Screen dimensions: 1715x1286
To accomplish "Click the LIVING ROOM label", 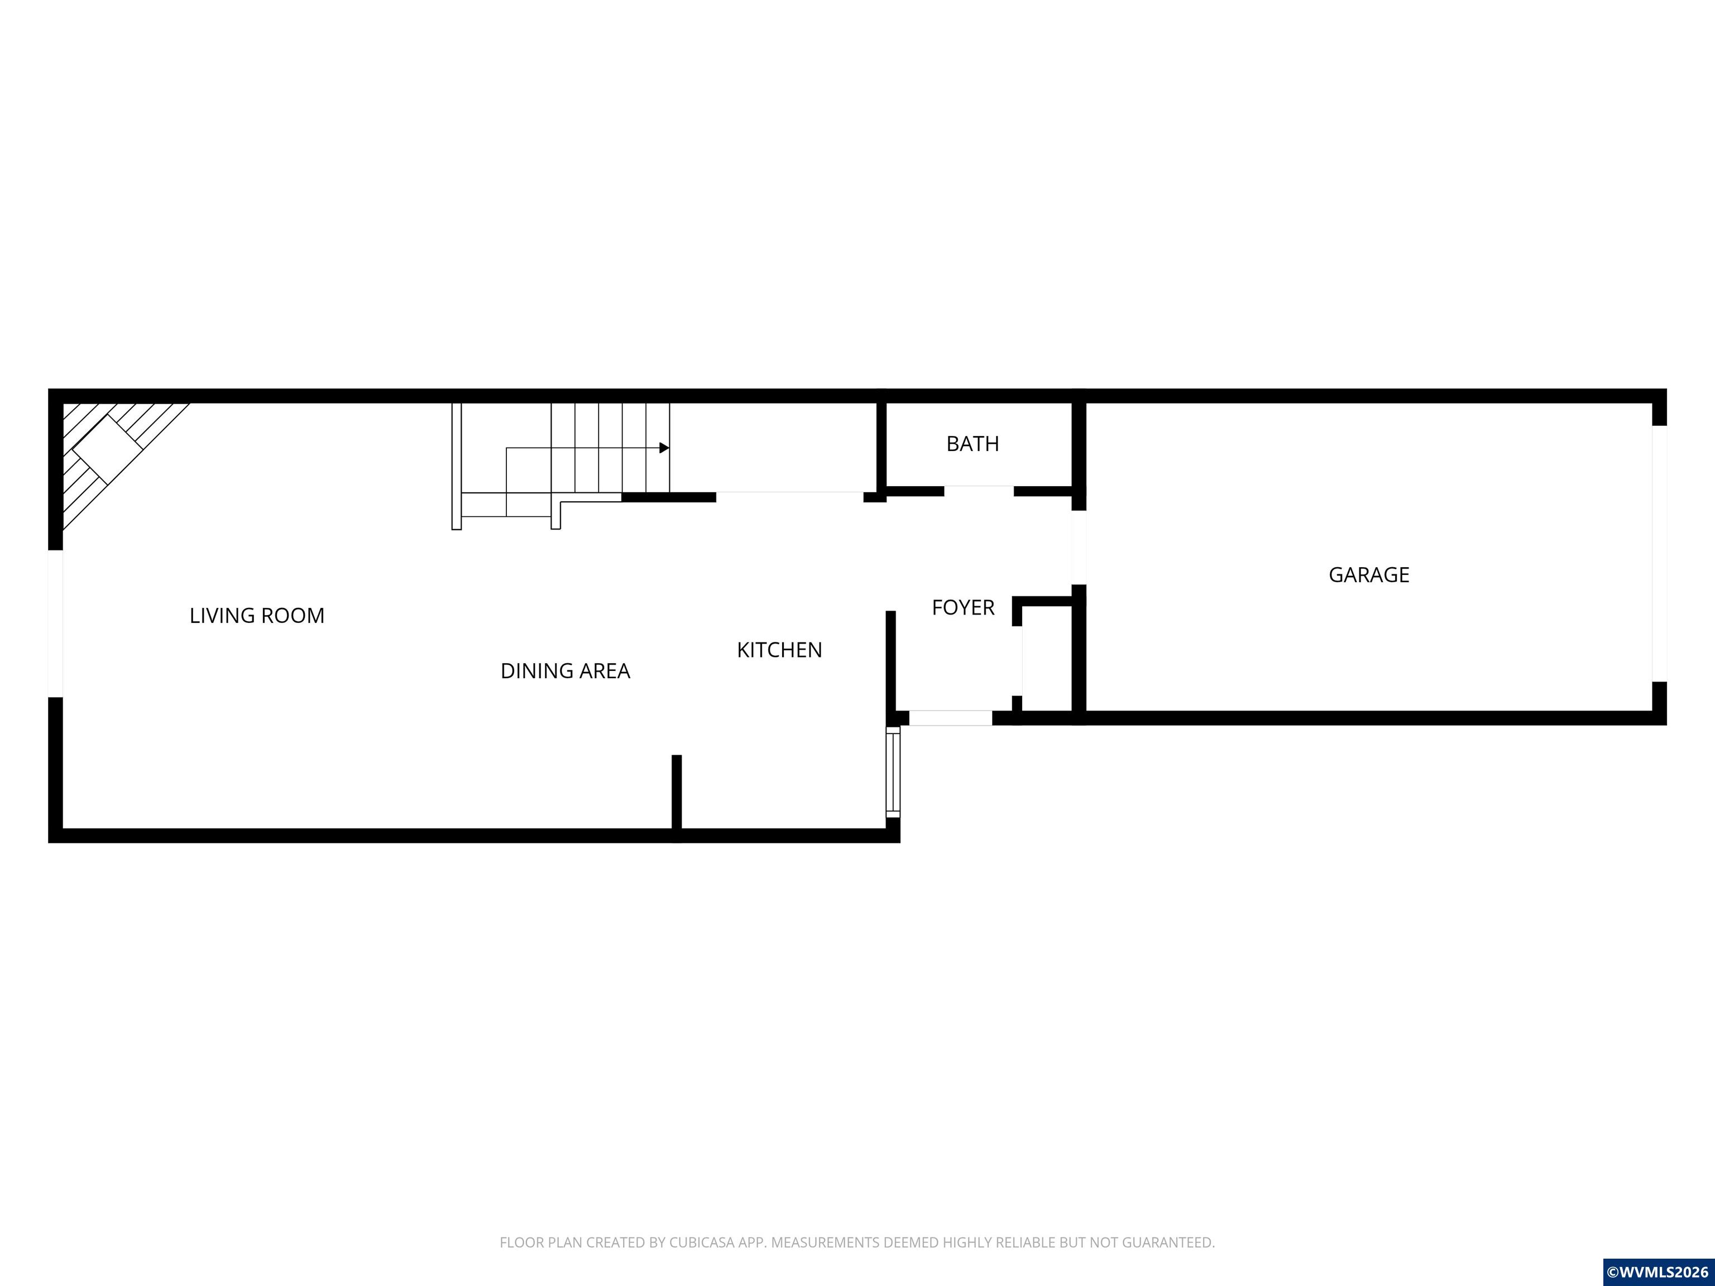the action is tap(257, 616).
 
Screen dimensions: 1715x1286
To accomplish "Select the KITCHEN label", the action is tap(779, 650).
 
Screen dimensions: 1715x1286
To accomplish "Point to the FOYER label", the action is tap(963, 608).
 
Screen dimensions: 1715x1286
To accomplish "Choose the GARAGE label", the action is tap(1368, 575).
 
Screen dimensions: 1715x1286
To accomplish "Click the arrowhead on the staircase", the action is tap(664, 448).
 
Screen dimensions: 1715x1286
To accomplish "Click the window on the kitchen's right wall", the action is tap(893, 771).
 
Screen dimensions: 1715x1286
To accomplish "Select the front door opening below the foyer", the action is tap(951, 718).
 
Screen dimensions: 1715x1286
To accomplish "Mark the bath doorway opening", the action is tap(979, 491).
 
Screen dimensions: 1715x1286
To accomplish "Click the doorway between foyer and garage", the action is tap(1079, 547).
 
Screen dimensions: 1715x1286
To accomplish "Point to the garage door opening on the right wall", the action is tap(1659, 554).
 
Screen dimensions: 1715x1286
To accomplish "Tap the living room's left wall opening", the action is tap(56, 623).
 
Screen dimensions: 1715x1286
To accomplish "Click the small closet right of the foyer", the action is tap(1047, 658).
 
